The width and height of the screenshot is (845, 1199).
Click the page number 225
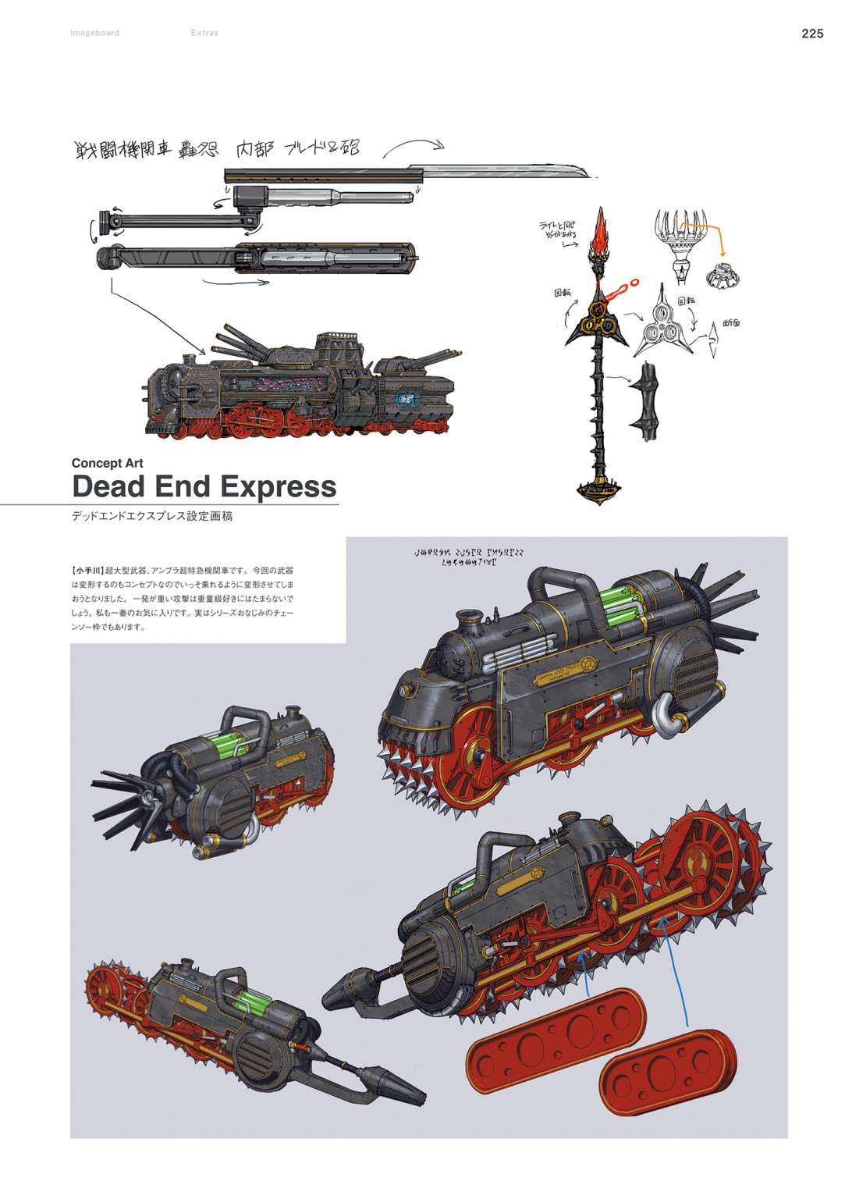click(812, 34)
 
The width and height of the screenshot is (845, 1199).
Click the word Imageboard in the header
click(94, 33)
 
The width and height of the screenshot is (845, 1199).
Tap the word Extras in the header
click(204, 33)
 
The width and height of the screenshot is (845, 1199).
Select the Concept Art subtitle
click(107, 463)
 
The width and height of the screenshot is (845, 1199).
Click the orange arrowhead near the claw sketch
click(722, 253)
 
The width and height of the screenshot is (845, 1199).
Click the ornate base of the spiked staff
click(600, 490)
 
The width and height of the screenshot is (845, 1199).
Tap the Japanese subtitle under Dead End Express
click(151, 516)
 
